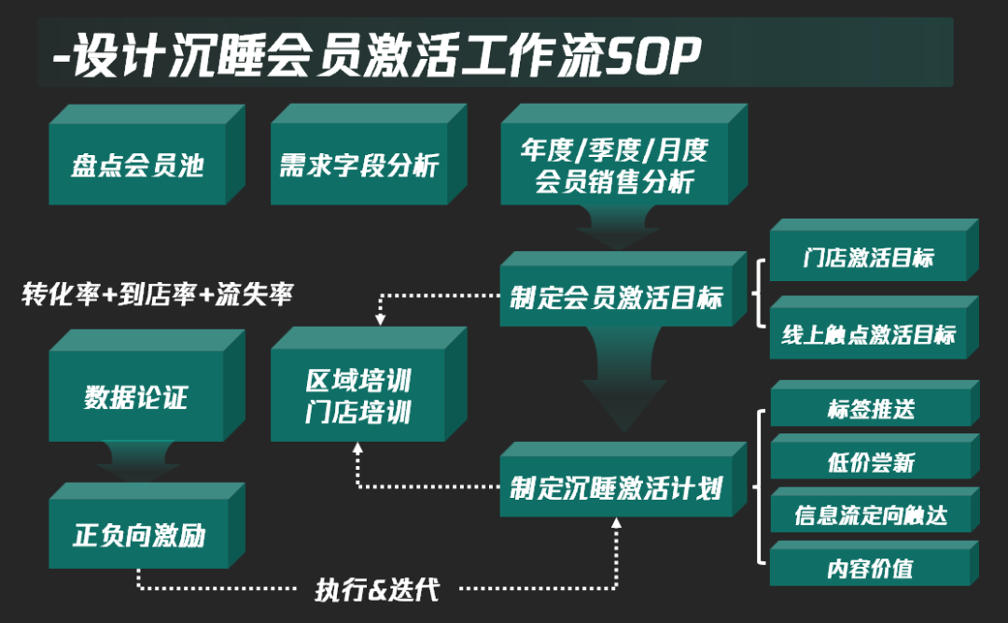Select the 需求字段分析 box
tap(358, 165)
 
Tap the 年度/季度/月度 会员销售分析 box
tap(614, 165)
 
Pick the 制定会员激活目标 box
tap(615, 298)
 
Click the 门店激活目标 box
tap(867, 259)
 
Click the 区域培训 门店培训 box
tap(358, 396)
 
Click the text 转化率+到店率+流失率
tap(157, 295)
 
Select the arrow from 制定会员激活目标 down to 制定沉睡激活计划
tap(615, 378)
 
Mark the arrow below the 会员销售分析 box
tap(615, 227)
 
